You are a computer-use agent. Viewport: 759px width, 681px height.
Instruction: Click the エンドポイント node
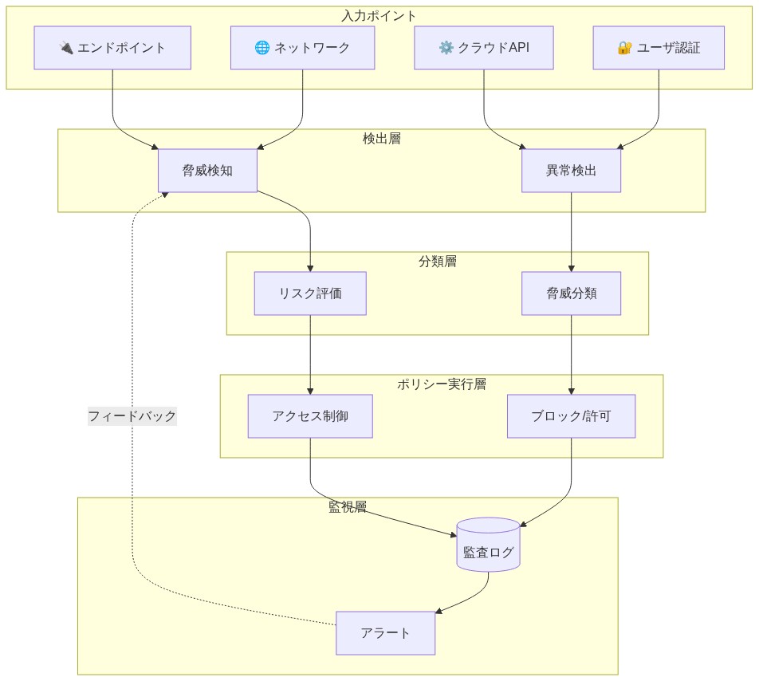point(112,48)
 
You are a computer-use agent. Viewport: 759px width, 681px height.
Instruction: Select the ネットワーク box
point(302,48)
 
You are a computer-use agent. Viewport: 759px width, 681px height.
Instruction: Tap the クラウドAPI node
point(484,48)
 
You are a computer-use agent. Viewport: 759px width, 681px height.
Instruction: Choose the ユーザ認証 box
point(659,48)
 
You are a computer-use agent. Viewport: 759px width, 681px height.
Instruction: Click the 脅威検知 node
point(207,170)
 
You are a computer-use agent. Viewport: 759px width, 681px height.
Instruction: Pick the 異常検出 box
point(571,170)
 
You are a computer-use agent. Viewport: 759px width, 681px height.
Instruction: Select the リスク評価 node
point(310,293)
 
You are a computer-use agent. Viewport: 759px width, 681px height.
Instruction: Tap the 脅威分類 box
point(571,293)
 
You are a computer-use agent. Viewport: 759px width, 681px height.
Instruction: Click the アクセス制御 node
point(310,416)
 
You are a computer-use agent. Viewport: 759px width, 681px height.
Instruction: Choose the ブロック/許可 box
point(571,416)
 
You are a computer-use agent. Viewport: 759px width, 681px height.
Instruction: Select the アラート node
point(385,633)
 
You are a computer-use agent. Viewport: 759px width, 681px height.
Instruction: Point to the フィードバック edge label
point(132,416)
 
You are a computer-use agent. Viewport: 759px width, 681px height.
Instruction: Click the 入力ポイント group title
point(379,16)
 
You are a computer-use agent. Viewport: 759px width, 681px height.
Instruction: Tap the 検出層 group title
point(381,139)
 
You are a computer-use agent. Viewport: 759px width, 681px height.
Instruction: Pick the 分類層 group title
point(437,262)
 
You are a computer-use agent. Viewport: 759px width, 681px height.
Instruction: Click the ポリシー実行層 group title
point(441,384)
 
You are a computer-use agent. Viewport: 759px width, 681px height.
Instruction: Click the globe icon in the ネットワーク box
point(262,48)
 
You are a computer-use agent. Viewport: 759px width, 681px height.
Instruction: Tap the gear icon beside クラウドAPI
point(446,48)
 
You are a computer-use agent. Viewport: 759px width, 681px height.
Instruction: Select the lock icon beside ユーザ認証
point(625,48)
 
